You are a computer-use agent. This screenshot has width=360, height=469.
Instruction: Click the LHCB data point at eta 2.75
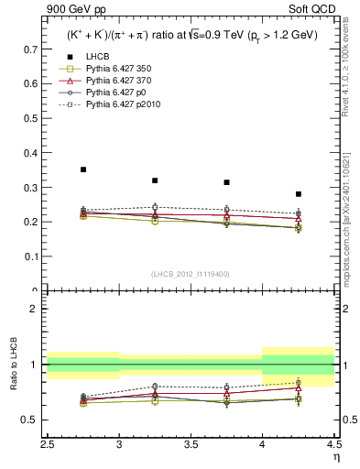coord(83,169)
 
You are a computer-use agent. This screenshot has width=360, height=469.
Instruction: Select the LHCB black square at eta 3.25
coord(155,180)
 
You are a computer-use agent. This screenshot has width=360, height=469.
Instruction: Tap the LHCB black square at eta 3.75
coord(226,182)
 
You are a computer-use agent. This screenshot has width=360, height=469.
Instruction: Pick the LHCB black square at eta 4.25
coord(298,194)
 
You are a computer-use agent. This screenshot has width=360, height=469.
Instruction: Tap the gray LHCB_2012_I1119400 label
coord(190,274)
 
